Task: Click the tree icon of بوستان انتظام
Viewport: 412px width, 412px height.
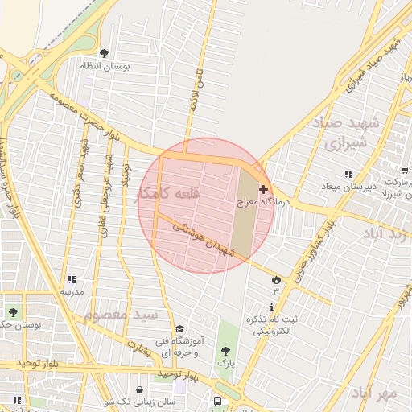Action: pyautogui.click(x=105, y=54)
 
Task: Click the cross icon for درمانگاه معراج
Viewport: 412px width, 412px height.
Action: pyautogui.click(x=264, y=188)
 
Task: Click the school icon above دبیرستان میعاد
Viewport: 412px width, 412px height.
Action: pyautogui.click(x=348, y=174)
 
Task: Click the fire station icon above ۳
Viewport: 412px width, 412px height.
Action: pyautogui.click(x=277, y=279)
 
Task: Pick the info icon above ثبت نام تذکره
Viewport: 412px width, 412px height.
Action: pyautogui.click(x=272, y=307)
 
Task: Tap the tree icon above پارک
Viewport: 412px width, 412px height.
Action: pyautogui.click(x=225, y=351)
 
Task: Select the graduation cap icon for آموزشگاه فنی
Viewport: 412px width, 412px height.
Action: pyautogui.click(x=179, y=329)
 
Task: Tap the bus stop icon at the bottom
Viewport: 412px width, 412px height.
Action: pyautogui.click(x=218, y=402)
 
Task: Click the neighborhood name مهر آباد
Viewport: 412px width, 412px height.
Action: pyautogui.click(x=374, y=393)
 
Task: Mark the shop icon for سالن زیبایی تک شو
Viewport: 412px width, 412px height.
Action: pyautogui.click(x=142, y=390)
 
